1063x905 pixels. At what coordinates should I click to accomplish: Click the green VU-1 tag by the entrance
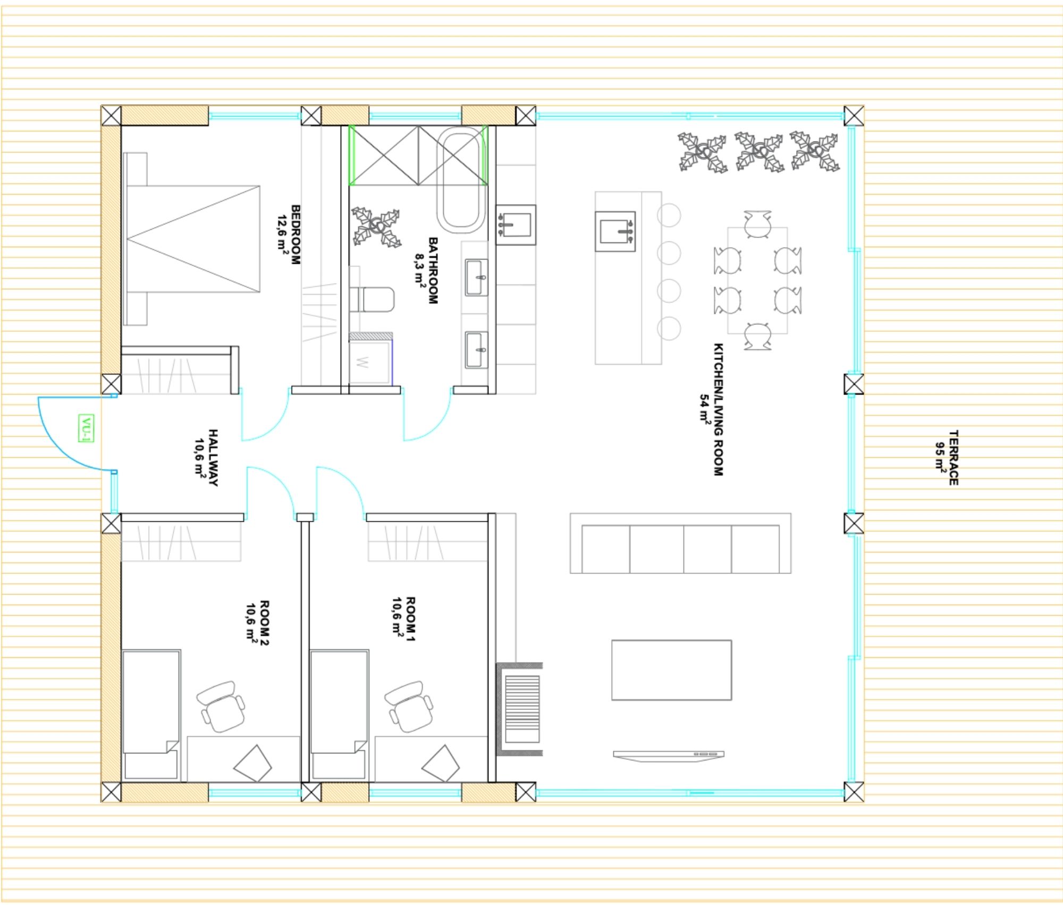point(86,428)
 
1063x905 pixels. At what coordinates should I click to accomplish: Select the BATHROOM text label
point(433,270)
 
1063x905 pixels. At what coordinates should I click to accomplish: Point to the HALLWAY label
point(213,457)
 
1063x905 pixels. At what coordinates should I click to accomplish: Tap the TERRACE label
point(954,457)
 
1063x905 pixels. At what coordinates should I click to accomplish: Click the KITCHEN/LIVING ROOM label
point(718,409)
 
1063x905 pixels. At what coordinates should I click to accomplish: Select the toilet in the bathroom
point(372,300)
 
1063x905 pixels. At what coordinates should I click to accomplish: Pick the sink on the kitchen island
point(615,231)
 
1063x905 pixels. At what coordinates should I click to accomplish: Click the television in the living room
point(669,755)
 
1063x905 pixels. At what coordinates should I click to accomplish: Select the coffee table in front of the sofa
point(671,670)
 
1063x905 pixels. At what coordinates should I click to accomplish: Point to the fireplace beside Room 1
point(519,709)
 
